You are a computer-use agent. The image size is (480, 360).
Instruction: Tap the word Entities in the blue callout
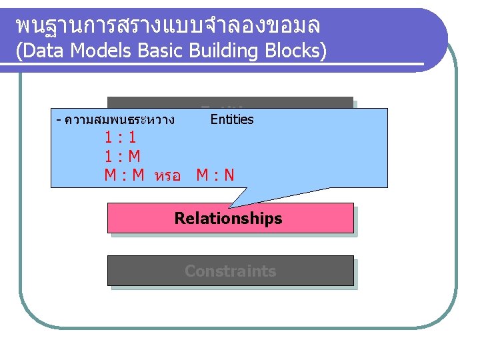(232, 119)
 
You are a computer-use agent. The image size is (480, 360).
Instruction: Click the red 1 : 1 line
(121, 138)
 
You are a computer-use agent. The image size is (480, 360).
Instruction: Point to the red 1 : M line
(122, 157)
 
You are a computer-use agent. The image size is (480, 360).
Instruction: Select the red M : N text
(215, 175)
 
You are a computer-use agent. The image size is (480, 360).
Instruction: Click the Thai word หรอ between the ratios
(167, 177)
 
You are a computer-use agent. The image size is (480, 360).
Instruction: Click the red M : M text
(125, 175)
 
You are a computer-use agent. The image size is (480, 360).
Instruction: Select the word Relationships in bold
(228, 218)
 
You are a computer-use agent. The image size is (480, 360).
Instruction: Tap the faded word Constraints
(230, 271)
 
